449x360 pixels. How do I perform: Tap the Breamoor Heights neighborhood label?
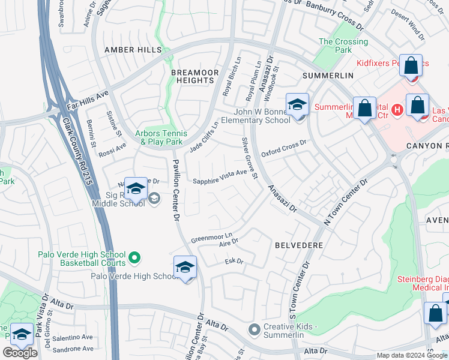195,76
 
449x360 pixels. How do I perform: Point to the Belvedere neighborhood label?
299,245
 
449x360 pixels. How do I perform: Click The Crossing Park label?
343,46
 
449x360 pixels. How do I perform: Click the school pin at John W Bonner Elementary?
297,104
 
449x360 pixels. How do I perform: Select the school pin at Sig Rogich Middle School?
136,188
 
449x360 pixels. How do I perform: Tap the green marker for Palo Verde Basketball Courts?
134,258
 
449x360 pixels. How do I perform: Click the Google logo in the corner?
20,353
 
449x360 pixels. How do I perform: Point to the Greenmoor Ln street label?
211,237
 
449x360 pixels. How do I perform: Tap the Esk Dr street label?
234,262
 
